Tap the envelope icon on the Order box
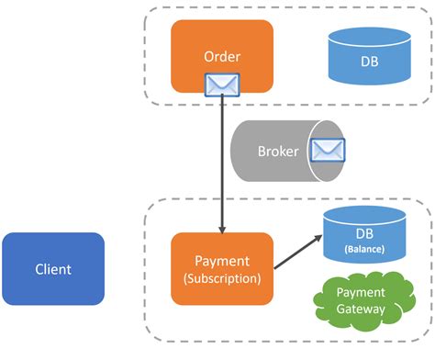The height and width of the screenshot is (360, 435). (222, 85)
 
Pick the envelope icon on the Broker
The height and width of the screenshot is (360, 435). (328, 151)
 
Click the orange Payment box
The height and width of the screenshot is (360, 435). (222, 269)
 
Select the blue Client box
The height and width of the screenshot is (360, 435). (52, 269)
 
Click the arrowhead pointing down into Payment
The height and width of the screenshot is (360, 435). (222, 227)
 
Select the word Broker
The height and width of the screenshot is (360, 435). (277, 152)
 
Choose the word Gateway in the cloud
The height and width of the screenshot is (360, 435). (360, 309)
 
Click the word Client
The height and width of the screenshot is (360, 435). (52, 269)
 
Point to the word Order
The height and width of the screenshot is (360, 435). (222, 56)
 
